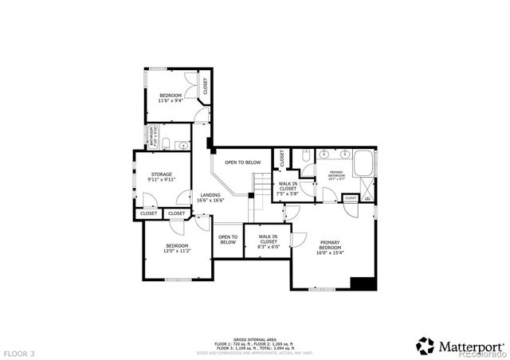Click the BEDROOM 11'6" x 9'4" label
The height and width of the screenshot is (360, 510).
[x=169, y=98]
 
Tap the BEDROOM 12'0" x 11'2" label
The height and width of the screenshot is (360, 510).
[x=177, y=248]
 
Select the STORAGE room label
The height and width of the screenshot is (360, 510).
[x=160, y=176]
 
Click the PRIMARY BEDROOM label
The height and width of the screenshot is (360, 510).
[x=330, y=247]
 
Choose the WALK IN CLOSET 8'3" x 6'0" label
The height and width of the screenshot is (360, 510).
[x=268, y=241]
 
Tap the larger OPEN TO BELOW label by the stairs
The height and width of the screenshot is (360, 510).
[x=242, y=162]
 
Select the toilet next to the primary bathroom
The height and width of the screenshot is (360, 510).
[x=306, y=156]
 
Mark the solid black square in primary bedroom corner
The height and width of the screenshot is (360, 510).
[x=363, y=284]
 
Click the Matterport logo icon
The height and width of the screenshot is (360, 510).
[x=425, y=345]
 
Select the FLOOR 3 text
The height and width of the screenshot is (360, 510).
[x=19, y=352]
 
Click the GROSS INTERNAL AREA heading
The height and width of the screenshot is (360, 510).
[x=254, y=338]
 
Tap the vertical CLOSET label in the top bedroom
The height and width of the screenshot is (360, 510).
[x=205, y=87]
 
